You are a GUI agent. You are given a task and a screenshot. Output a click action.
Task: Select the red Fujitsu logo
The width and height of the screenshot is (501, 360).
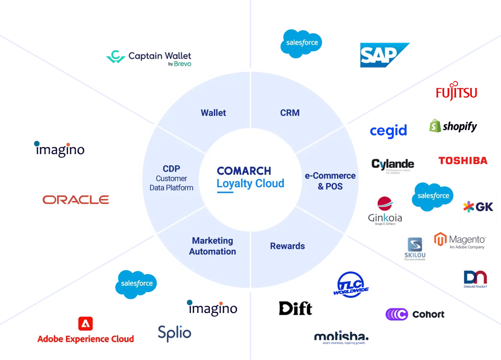click(x=456, y=92)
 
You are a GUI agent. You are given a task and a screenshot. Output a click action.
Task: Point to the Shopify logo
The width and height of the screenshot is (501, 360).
click(x=453, y=126)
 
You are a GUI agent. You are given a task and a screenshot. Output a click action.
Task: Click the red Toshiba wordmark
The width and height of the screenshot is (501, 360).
click(x=462, y=160)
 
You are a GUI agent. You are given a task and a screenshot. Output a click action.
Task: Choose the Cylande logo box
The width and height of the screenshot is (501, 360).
click(x=393, y=166)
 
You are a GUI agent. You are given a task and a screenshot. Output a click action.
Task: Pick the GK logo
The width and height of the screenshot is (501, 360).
click(x=478, y=207)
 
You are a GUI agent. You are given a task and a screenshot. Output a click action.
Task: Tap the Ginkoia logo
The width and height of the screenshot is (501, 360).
click(x=385, y=210)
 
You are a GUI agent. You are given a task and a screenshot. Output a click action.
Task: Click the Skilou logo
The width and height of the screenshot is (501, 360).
click(x=415, y=249)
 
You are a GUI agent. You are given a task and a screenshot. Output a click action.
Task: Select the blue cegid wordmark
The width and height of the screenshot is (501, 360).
click(x=388, y=131)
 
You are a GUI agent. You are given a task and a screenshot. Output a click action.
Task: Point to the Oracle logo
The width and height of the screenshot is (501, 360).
click(x=76, y=200)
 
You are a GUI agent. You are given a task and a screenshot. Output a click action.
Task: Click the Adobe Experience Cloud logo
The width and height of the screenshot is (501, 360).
click(x=86, y=330)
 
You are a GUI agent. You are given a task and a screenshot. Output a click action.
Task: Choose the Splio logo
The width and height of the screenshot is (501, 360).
click(x=174, y=332)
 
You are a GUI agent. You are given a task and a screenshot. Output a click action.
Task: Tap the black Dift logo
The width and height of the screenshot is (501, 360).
click(x=296, y=308)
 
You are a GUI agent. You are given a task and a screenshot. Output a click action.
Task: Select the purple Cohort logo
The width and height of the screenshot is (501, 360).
click(x=415, y=314)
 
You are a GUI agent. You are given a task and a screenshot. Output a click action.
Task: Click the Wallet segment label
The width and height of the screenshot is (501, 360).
click(x=213, y=113)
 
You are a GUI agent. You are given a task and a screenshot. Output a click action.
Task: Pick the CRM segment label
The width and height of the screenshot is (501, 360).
click(x=290, y=113)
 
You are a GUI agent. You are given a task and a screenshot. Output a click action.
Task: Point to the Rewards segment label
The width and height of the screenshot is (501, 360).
click(x=288, y=246)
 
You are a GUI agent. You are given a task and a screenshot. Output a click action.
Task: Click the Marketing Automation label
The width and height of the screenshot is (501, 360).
click(x=212, y=246)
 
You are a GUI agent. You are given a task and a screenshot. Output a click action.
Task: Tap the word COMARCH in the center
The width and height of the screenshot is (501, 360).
click(x=244, y=171)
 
